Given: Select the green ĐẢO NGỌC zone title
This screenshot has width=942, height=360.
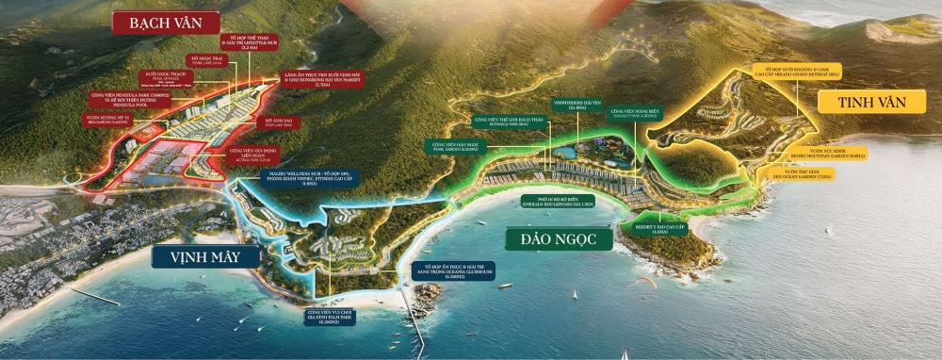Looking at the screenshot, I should (559, 238).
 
